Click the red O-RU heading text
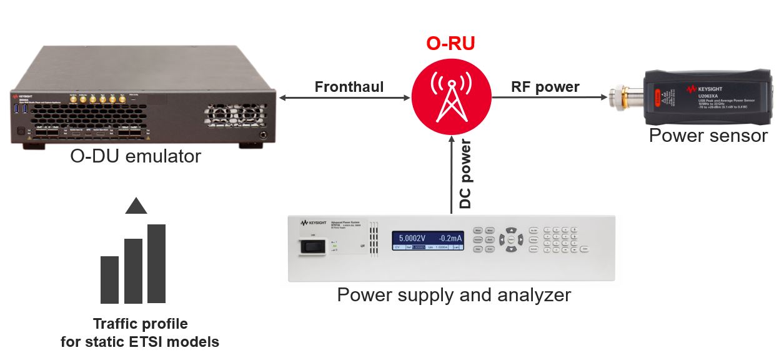(x=450, y=43)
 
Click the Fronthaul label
(x=349, y=86)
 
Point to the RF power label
(x=545, y=86)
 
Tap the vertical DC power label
(x=465, y=174)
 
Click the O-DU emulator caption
(x=136, y=156)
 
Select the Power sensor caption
(x=708, y=135)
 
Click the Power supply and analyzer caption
(x=454, y=294)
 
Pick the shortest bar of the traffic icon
(x=110, y=279)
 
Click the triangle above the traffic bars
(x=136, y=206)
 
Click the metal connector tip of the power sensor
(x=615, y=97)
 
